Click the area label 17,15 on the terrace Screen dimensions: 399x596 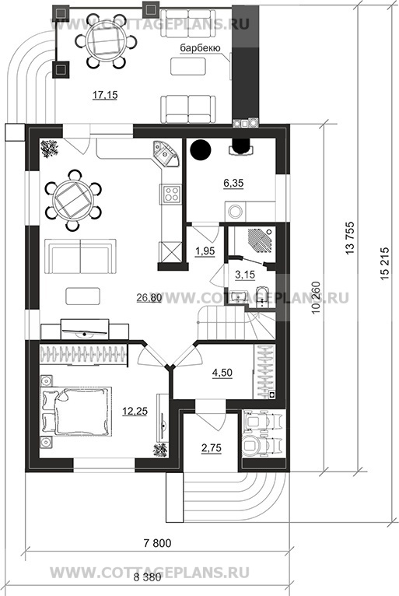coord(105,95)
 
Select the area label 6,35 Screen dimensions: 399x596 coord(233,183)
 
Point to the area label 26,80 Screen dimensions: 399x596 coord(149,298)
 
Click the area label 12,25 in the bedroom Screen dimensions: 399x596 coord(135,411)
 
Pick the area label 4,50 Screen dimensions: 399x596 coord(222,373)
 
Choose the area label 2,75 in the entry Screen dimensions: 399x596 coord(212,448)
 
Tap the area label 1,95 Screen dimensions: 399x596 coord(205,251)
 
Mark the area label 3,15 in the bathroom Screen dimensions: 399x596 coord(245,275)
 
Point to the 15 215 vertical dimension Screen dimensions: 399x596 coord(384,265)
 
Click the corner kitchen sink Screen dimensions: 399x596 coord(166,153)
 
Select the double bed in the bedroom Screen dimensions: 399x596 coord(76,412)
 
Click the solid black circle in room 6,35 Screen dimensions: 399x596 coord(201,150)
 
